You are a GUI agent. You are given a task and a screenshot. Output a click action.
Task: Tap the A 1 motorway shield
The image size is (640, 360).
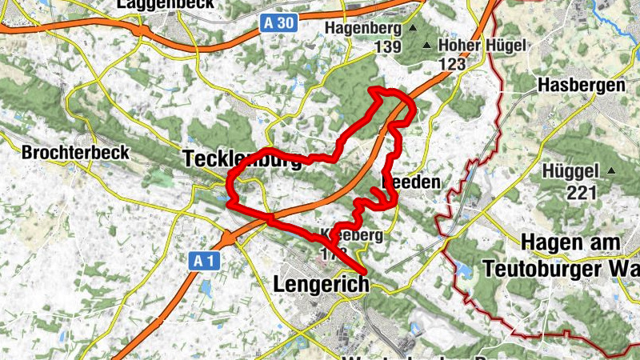[x=204, y=261]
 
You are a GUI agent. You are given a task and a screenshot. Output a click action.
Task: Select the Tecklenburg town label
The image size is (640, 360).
[x=242, y=159]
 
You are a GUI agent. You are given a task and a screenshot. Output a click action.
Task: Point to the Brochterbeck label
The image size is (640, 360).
[x=63, y=152]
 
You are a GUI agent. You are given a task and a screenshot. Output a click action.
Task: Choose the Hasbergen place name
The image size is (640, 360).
[x=582, y=86]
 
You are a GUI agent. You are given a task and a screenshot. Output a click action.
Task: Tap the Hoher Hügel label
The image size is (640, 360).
[x=482, y=45]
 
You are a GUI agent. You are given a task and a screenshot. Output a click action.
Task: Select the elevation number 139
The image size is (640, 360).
[x=387, y=48]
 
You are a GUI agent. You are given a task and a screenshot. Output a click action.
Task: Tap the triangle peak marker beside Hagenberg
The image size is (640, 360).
[x=413, y=28]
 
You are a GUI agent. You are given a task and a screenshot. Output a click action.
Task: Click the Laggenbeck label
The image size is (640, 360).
[x=158, y=5]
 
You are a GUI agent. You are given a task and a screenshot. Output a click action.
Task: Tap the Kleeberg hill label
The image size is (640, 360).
[x=351, y=237]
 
